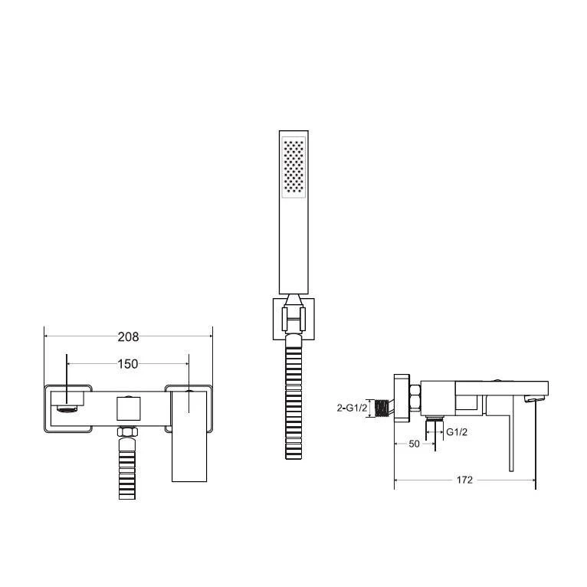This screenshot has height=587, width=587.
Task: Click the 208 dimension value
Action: (x=128, y=337)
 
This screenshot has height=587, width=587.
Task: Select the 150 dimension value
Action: (x=128, y=364)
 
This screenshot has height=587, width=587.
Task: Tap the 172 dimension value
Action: (x=464, y=480)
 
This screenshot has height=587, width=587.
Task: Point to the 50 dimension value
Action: (x=414, y=444)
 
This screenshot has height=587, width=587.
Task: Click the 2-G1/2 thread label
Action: (x=352, y=408)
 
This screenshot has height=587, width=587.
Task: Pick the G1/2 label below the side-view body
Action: (x=457, y=432)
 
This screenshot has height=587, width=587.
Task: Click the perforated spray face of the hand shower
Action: (x=293, y=167)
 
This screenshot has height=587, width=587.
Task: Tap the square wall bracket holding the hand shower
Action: (x=293, y=319)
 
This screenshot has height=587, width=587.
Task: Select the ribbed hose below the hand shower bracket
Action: (x=293, y=398)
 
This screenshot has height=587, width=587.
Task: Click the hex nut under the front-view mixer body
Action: (x=127, y=431)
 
